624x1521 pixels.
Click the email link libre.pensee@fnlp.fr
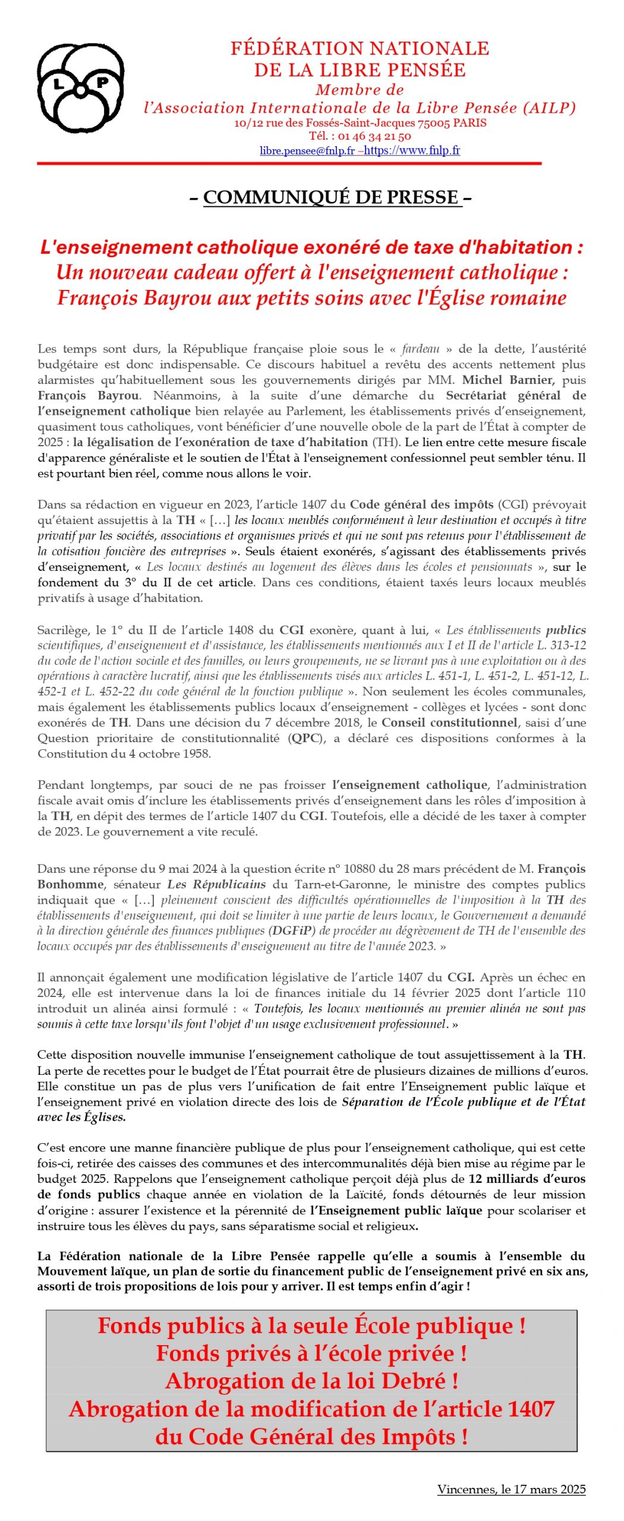click(x=307, y=151)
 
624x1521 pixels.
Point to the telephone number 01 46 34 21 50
click(x=374, y=136)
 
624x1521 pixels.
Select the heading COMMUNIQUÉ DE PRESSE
click(x=331, y=197)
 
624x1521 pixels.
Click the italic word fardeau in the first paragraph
click(x=420, y=349)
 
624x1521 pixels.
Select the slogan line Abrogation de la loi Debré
click(x=311, y=1381)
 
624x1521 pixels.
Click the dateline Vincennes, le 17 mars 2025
click(x=511, y=1489)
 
